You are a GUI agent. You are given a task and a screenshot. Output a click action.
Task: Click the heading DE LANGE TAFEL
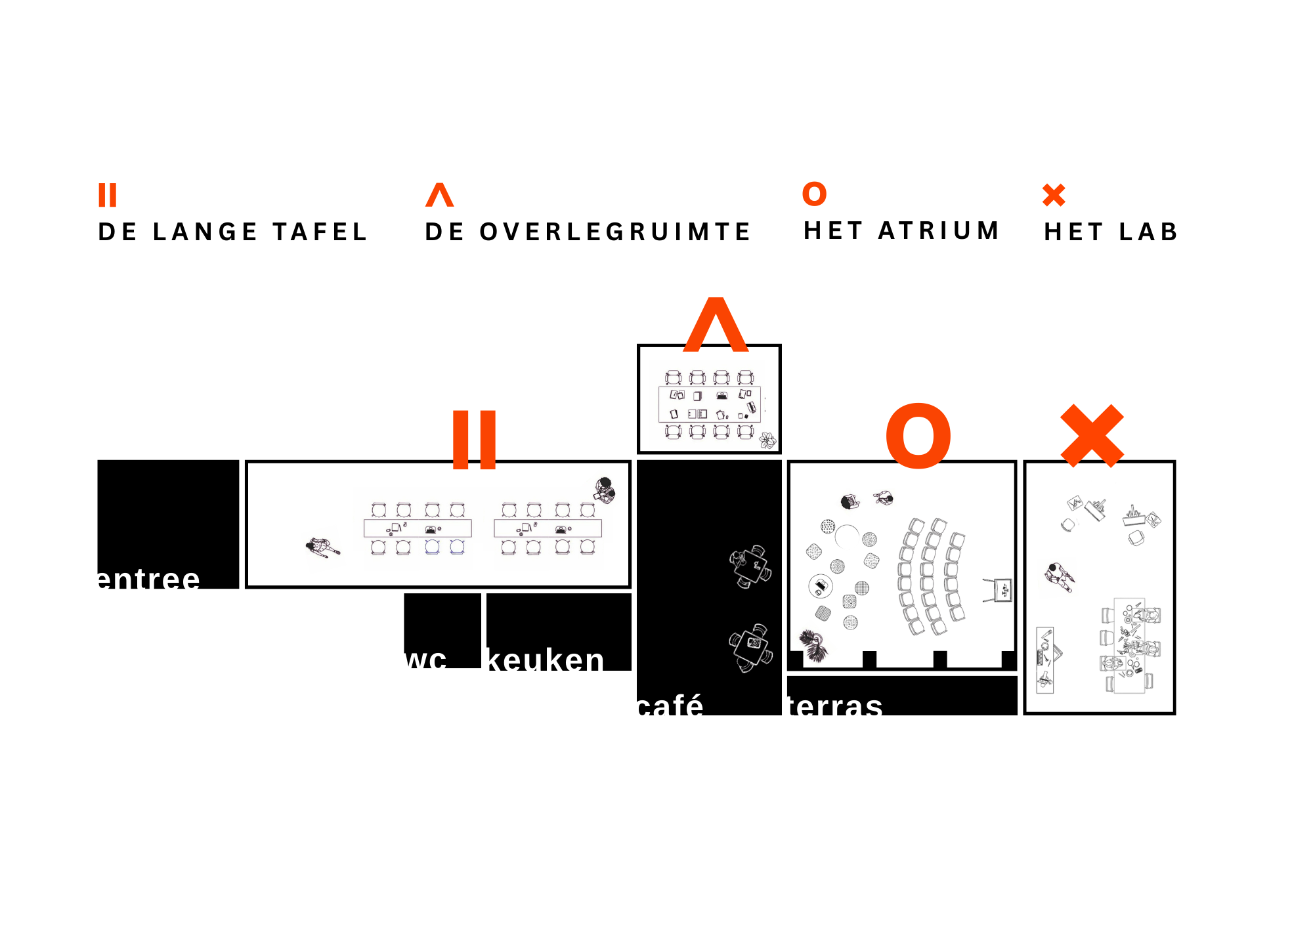point(232,232)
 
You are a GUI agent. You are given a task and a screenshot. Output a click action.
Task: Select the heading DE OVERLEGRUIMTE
point(588,232)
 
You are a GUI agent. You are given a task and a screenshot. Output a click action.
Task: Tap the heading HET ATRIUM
point(901,231)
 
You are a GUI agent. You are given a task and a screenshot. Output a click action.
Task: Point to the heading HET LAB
point(1111,232)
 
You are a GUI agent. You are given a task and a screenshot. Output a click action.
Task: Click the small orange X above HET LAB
point(1054,195)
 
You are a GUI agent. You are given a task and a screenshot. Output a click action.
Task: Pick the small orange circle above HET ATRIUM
point(814,194)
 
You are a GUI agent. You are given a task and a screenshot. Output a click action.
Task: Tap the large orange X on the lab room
point(1092,436)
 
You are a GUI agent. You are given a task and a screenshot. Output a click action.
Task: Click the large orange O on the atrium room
point(918,436)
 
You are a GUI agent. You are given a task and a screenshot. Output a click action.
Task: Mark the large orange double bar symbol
point(474,440)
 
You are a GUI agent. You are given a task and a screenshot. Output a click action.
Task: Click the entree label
point(148,580)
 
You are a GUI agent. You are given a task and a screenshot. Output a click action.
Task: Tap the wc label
point(426,659)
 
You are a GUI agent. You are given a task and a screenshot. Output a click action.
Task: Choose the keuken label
point(546,660)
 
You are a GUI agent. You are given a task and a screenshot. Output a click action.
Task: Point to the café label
point(670,706)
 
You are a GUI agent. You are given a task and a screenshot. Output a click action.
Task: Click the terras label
point(836,706)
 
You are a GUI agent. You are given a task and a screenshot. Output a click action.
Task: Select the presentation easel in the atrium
point(999,589)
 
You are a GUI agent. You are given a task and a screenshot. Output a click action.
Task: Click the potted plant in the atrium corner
point(813,645)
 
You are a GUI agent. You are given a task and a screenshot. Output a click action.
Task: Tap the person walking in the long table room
point(322,547)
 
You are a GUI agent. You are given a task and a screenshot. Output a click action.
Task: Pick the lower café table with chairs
point(751,647)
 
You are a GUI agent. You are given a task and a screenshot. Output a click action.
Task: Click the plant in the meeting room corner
point(767,440)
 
